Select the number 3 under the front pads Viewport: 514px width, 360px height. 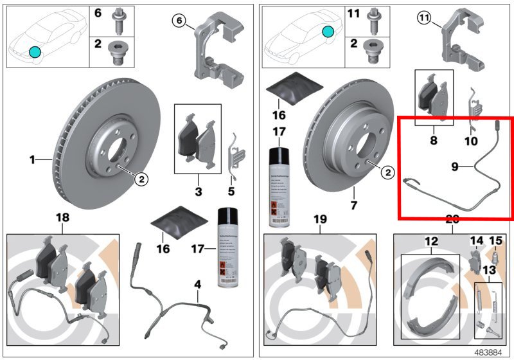(x=199, y=192)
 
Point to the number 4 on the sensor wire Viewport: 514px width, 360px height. (x=198, y=283)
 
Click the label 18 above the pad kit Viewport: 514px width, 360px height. (x=63, y=219)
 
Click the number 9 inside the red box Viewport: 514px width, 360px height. (x=454, y=167)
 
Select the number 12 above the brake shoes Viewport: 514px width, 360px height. (x=430, y=241)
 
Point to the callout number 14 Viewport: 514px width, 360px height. (x=476, y=241)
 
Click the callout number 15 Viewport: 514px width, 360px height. (x=495, y=241)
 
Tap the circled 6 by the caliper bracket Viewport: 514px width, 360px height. (x=180, y=21)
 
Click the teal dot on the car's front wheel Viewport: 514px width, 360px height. (x=35, y=51)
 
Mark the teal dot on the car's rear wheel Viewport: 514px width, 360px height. (x=328, y=30)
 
